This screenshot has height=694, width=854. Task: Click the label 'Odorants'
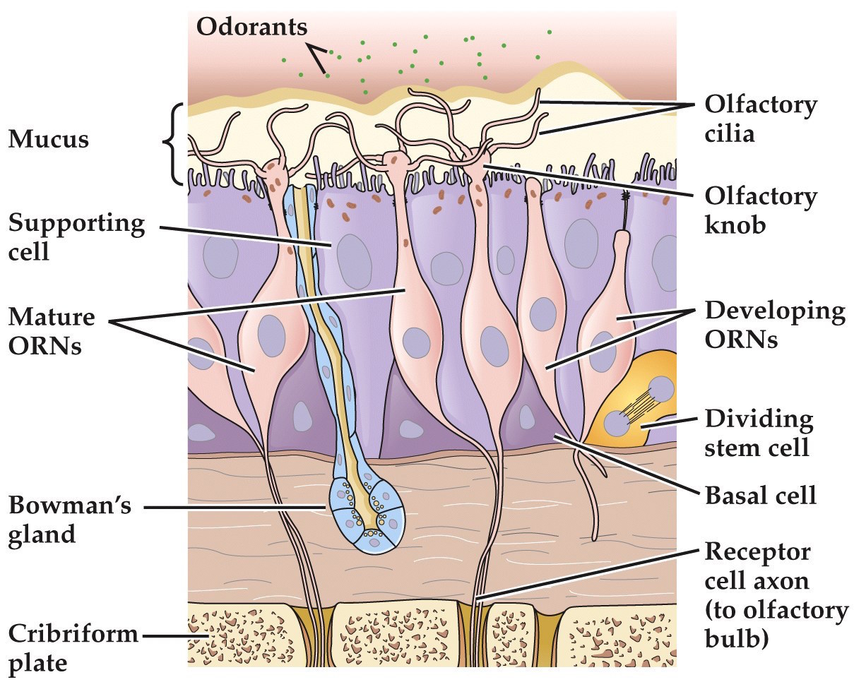(x=251, y=27)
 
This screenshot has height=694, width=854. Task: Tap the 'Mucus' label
(x=48, y=139)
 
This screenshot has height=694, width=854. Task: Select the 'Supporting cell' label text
(x=76, y=237)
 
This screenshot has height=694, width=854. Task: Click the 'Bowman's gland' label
(x=69, y=520)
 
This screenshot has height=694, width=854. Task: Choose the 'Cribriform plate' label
(x=73, y=647)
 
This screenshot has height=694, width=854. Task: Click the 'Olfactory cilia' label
(x=760, y=119)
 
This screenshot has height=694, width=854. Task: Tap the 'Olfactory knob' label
(x=760, y=210)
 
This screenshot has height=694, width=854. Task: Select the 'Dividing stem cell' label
(x=759, y=432)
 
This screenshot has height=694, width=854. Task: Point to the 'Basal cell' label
(x=760, y=495)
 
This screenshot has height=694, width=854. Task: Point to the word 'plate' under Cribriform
(x=37, y=664)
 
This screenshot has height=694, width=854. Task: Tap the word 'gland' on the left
(x=42, y=534)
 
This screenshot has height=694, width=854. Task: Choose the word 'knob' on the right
(x=735, y=225)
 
